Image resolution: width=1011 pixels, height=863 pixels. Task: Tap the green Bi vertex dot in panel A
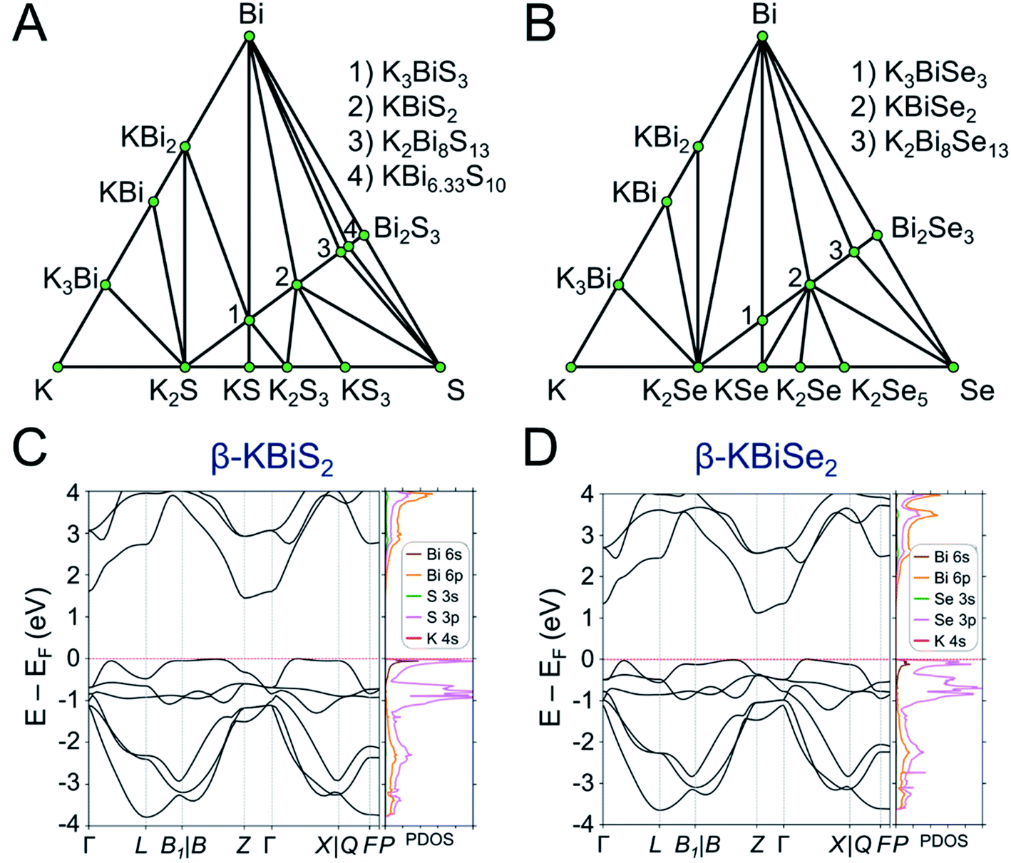pyautogui.click(x=250, y=36)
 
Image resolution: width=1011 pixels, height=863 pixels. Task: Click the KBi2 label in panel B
pyautogui.click(x=662, y=138)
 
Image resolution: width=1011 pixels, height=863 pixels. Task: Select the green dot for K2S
pyautogui.click(x=185, y=367)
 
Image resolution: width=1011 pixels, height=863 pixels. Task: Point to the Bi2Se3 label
pyautogui.click(x=933, y=231)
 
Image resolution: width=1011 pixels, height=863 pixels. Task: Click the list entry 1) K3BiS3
pyautogui.click(x=408, y=73)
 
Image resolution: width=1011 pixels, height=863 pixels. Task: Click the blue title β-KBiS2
pyautogui.click(x=272, y=460)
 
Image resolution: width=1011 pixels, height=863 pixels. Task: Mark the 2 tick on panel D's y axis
pyautogui.click(x=586, y=576)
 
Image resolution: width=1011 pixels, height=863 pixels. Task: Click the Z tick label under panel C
pyautogui.click(x=244, y=845)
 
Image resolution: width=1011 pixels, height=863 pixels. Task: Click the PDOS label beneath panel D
pyautogui.click(x=943, y=841)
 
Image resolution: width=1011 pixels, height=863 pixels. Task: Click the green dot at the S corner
pyautogui.click(x=440, y=367)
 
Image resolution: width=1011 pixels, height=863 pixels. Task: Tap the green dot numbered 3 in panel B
pyautogui.click(x=854, y=252)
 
